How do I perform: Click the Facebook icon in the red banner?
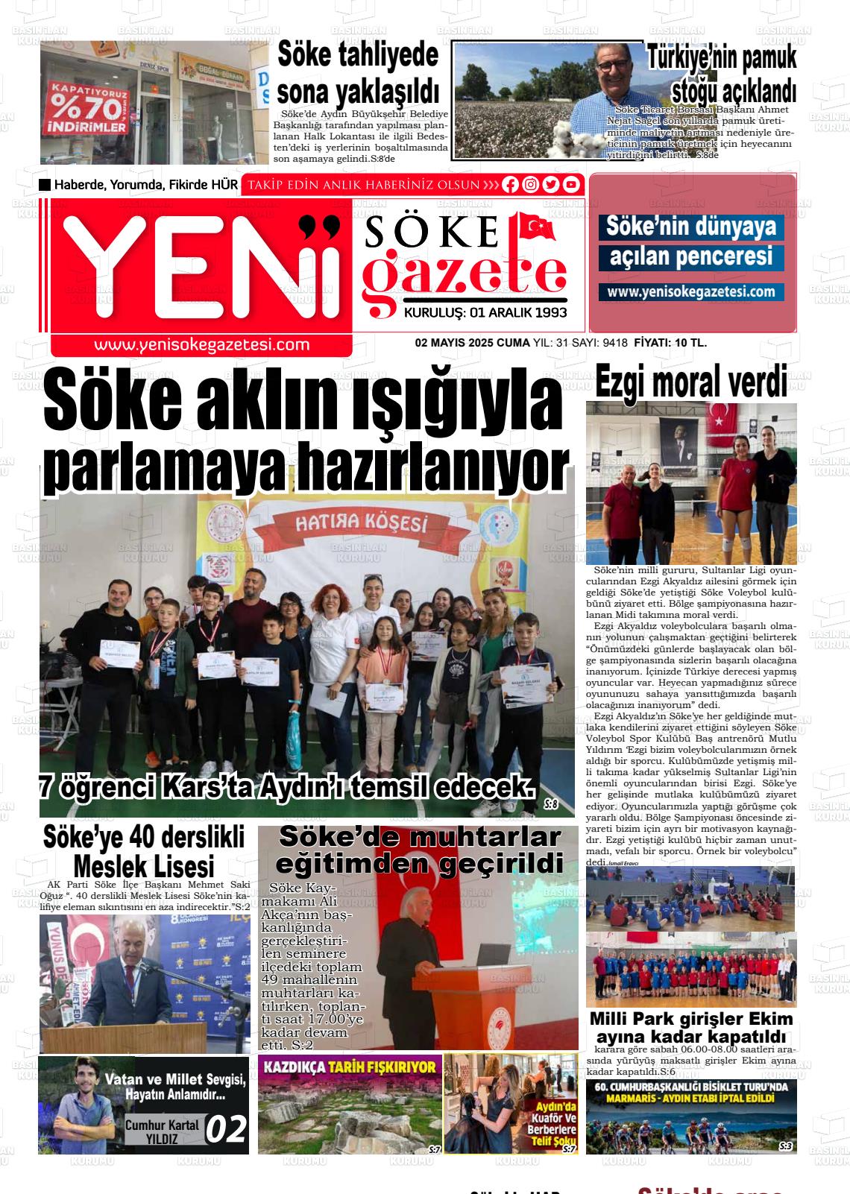(x=510, y=185)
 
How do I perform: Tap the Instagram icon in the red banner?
(x=530, y=185)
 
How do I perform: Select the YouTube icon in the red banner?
(x=571, y=185)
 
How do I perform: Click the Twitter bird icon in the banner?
(x=551, y=185)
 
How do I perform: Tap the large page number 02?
(x=225, y=1129)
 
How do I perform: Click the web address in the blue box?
(x=690, y=292)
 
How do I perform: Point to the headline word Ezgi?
(x=623, y=382)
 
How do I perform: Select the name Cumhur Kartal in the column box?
(x=162, y=1125)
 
